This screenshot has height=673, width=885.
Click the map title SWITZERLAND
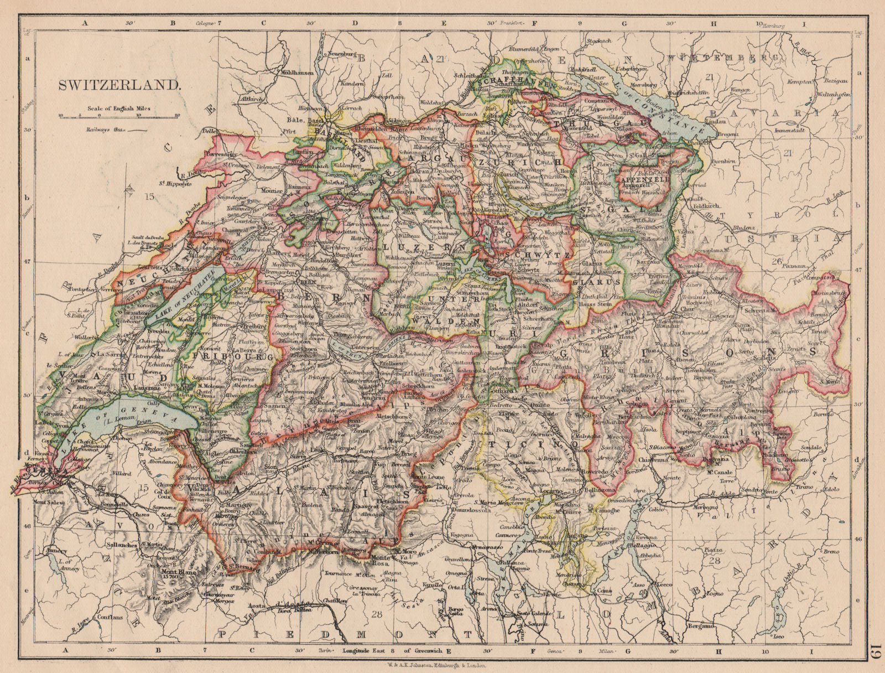(119, 86)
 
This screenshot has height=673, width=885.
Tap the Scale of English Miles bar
(118, 116)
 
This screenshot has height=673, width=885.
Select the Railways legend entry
(111, 130)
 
